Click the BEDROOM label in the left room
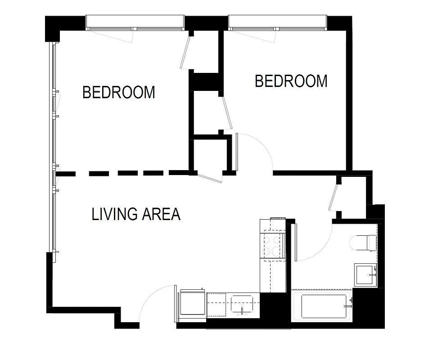tap(119, 92)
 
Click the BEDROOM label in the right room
tap(291, 81)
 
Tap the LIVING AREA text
tap(136, 214)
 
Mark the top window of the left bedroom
tap(135, 22)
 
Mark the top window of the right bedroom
tap(277, 22)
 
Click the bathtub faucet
tap(347, 306)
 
